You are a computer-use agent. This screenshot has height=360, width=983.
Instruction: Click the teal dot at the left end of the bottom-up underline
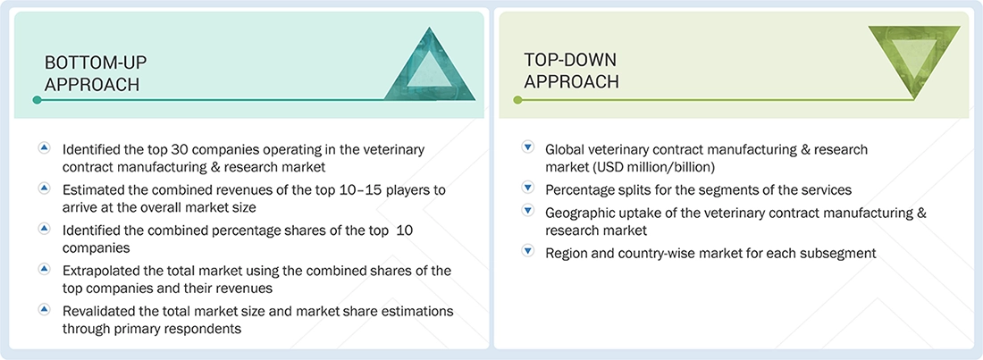[37, 100]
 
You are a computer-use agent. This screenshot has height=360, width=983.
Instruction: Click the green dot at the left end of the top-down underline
[517, 100]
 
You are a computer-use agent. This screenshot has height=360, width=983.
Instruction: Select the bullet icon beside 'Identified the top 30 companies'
[45, 148]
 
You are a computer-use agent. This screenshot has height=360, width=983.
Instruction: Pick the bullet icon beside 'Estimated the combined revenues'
[45, 188]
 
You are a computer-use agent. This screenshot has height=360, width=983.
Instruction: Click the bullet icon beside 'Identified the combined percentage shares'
[45, 229]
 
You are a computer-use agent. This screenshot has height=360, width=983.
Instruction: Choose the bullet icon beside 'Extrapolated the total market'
[45, 269]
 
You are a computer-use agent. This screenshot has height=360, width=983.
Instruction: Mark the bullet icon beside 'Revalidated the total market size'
[45, 309]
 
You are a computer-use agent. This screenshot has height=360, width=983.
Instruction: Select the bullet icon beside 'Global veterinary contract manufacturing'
[527, 148]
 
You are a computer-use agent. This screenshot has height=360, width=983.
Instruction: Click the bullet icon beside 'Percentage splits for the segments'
[527, 188]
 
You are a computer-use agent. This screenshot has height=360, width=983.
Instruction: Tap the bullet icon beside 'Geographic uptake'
[527, 212]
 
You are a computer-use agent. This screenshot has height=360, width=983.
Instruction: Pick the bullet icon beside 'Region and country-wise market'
[527, 252]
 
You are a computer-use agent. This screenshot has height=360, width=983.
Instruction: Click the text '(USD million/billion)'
[617, 167]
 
